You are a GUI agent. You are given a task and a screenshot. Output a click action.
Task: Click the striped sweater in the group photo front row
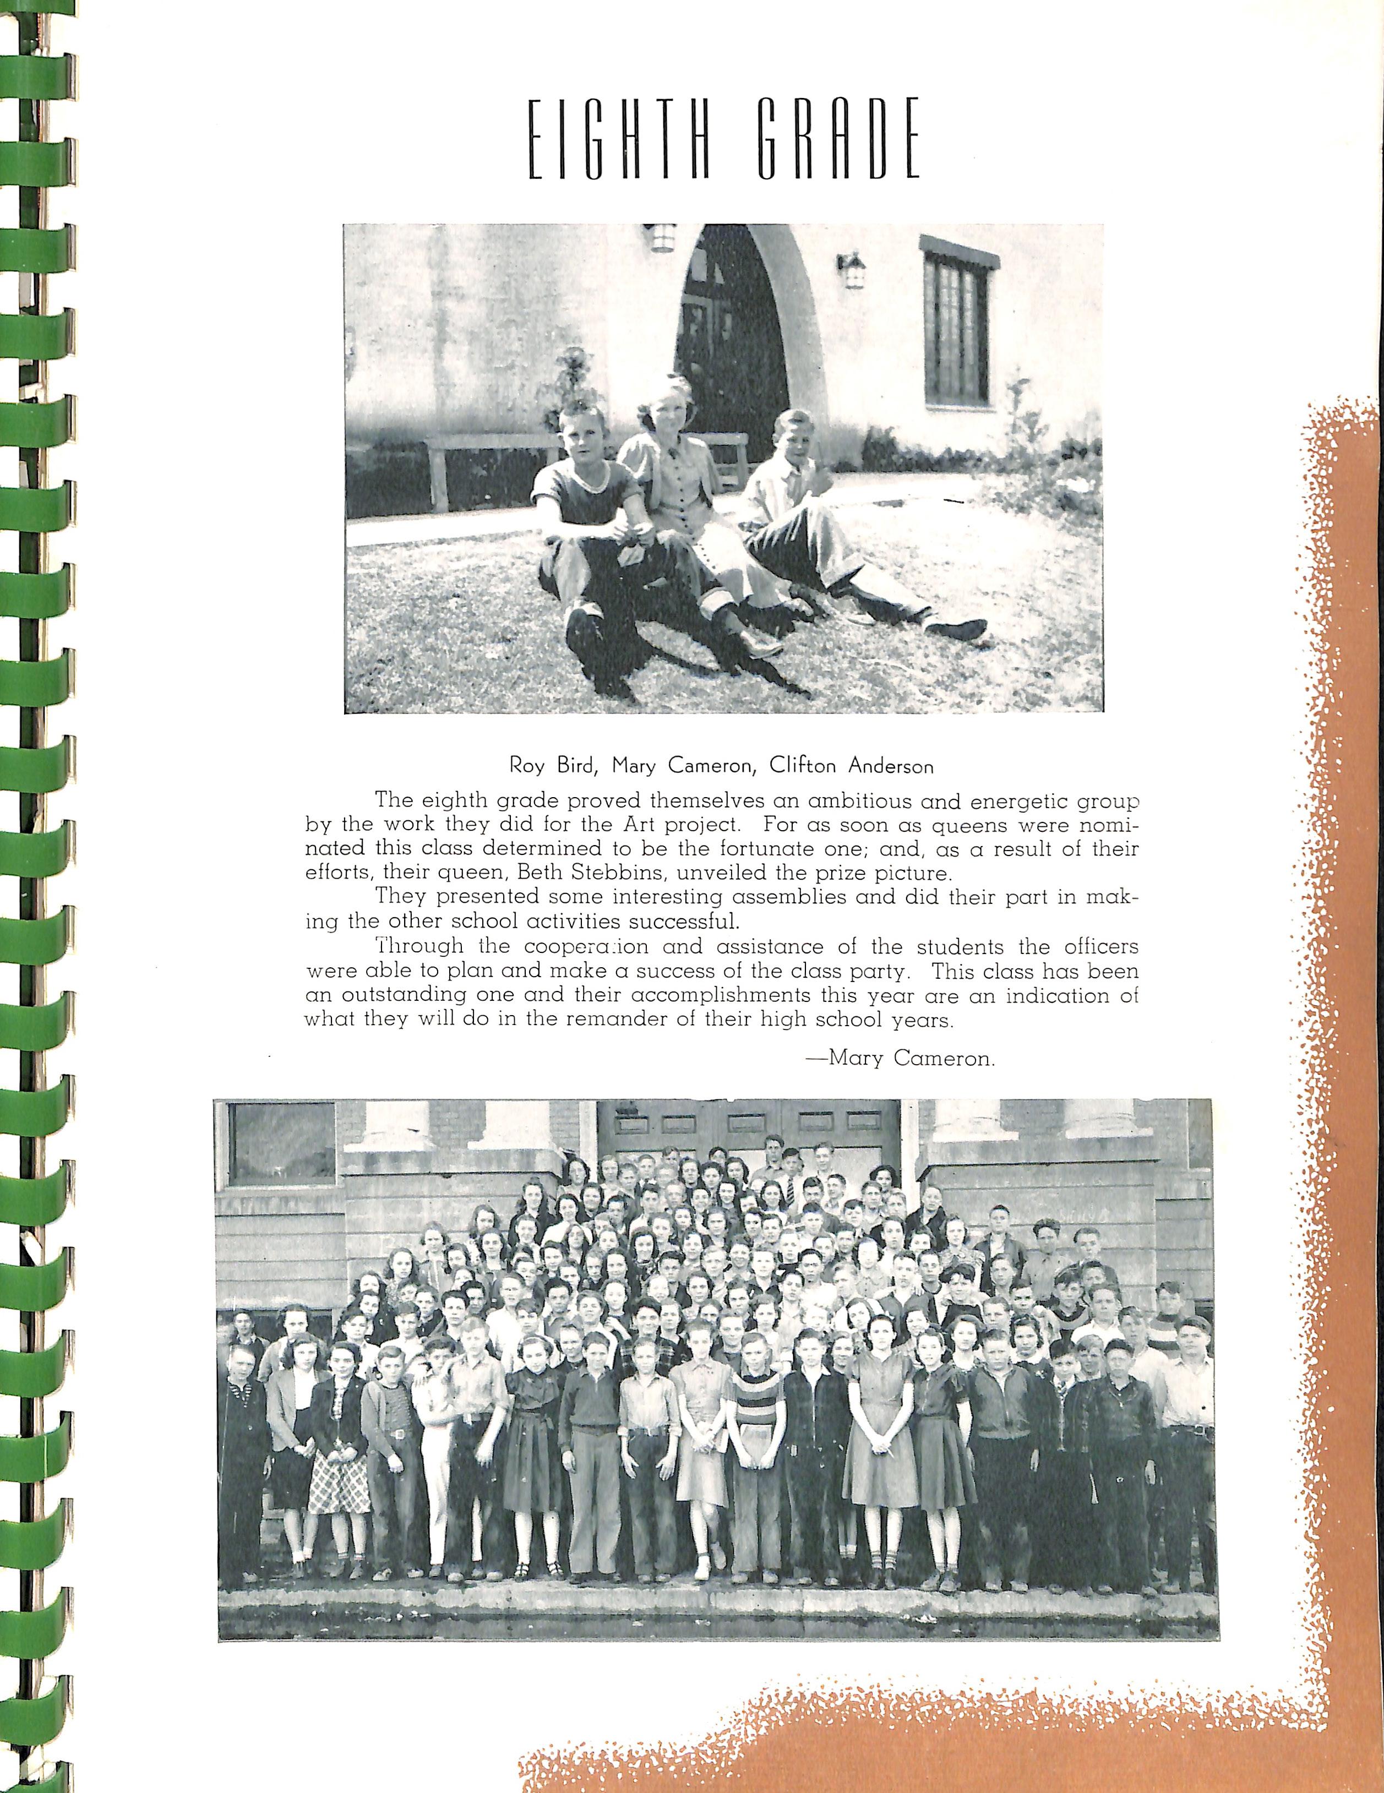[x=757, y=1405]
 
